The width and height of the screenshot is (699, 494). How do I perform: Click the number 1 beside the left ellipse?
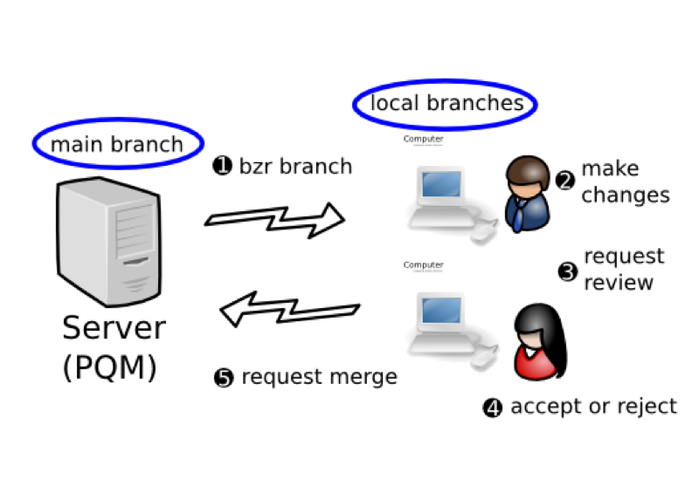tap(223, 165)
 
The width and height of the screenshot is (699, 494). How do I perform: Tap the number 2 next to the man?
tap(565, 182)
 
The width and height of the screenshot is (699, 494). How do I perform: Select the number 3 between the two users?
tap(567, 272)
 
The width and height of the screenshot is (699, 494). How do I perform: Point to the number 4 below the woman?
tap(493, 408)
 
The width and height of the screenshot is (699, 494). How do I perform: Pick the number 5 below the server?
tap(224, 379)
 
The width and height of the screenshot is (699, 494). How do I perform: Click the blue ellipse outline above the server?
tap(118, 120)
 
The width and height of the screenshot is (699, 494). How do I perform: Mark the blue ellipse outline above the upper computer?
tap(445, 83)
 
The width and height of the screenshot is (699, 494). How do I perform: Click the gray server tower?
tap(109, 240)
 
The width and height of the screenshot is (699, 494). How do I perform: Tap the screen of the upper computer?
tap(441, 184)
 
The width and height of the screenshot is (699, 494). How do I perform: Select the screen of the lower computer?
tap(441, 310)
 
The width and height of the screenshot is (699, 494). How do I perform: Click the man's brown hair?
tap(528, 168)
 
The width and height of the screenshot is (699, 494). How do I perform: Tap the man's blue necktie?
tap(521, 215)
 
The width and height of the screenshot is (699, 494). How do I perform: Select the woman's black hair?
tap(536, 319)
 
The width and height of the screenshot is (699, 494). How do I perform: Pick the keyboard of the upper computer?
tap(440, 217)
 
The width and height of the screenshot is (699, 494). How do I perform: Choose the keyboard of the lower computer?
tap(440, 343)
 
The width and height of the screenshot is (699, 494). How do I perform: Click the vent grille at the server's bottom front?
tap(136, 284)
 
